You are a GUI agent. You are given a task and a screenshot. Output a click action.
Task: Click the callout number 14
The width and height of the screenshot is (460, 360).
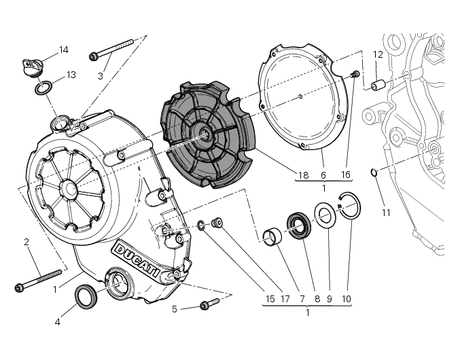64,50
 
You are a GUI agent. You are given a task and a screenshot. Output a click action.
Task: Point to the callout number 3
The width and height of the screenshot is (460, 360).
100,75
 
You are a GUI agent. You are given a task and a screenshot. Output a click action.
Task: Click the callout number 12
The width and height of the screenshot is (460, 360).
378,54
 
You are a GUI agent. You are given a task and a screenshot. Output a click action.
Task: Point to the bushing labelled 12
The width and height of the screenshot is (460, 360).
379,85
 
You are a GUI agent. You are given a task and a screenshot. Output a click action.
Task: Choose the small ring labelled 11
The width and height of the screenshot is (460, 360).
374,172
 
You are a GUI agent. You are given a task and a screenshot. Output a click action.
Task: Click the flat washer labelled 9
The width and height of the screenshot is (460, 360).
323,217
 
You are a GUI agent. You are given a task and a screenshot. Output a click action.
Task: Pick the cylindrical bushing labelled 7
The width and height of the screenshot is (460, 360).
274,238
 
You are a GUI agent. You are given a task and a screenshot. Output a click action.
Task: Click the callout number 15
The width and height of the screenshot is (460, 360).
270,298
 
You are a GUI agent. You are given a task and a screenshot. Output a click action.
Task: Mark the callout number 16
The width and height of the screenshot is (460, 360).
345,175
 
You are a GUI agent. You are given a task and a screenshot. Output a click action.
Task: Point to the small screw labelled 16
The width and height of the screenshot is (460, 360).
354,74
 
